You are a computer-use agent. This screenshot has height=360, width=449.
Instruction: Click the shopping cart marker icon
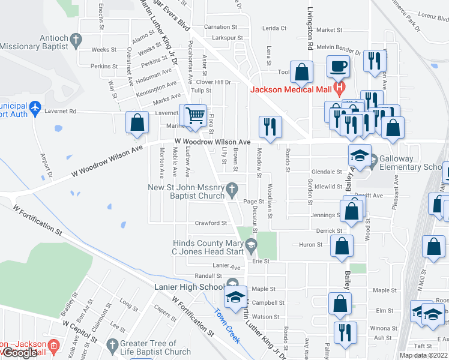[194, 115]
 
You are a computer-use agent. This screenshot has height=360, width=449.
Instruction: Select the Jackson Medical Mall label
[290, 90]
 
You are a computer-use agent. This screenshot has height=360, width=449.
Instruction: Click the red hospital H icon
[340, 89]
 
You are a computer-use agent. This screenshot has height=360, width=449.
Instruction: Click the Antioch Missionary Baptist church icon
[76, 40]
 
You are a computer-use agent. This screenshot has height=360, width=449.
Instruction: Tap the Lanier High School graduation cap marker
[235, 297]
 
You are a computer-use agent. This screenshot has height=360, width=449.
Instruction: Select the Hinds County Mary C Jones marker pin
[252, 245]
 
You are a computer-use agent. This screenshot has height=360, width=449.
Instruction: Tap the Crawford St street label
[211, 223]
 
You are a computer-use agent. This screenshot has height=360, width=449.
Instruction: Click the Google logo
[19, 353]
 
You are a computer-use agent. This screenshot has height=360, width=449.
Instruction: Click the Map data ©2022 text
[424, 355]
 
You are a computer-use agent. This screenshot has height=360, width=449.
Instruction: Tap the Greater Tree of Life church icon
[112, 345]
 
